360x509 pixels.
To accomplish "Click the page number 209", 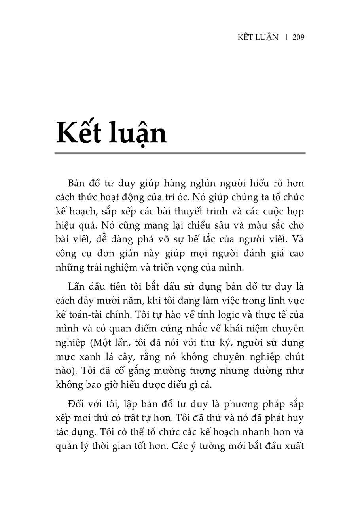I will [298, 37].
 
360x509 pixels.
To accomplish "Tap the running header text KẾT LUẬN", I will [258, 37].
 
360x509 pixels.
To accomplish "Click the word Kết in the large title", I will [80, 132].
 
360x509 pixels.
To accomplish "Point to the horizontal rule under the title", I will [180, 153].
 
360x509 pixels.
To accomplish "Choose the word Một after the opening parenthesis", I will [96, 343].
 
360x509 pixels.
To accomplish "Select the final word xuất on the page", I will [294, 447].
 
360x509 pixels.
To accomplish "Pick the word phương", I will [241, 404].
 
